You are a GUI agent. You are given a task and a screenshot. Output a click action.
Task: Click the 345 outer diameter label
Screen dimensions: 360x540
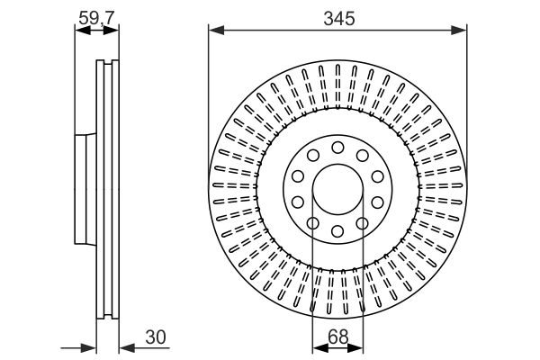(337, 17)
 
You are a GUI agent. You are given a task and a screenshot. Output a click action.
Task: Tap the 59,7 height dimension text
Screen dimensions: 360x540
(96, 15)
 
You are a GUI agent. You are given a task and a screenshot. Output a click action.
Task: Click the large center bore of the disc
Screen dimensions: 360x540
(337, 190)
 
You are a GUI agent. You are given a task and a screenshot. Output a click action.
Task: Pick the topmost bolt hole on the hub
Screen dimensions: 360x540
(337, 148)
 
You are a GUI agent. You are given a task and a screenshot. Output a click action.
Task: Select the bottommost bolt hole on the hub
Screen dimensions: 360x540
(337, 232)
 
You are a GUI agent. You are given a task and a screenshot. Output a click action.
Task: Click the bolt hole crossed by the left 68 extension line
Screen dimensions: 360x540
(313, 223)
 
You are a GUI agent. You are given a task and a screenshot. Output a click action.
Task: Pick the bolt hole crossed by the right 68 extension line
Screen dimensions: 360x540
(362, 223)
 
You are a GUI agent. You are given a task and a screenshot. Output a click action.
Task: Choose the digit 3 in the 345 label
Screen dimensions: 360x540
(327, 17)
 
